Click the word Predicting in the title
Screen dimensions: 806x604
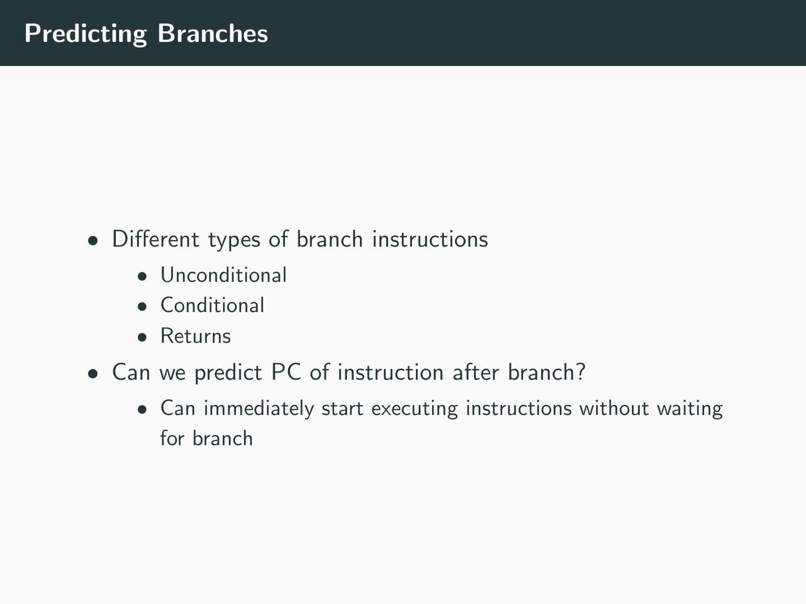(x=86, y=34)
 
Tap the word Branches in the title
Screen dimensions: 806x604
(x=213, y=34)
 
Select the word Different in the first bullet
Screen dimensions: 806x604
(x=156, y=239)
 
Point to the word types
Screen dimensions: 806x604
(x=235, y=241)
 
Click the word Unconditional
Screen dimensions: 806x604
(x=223, y=275)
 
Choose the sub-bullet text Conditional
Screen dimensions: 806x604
(x=212, y=305)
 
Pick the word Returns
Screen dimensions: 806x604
(x=196, y=336)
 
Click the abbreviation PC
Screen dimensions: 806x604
(x=286, y=372)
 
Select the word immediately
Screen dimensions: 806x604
(x=259, y=409)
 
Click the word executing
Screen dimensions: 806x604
(x=415, y=409)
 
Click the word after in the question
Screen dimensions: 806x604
(x=476, y=372)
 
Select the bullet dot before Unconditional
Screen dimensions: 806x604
(x=142, y=276)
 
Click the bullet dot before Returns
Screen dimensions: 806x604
(x=142, y=337)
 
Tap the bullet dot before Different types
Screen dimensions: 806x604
(x=93, y=241)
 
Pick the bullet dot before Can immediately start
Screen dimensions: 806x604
(x=142, y=409)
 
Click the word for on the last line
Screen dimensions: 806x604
(x=172, y=438)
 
